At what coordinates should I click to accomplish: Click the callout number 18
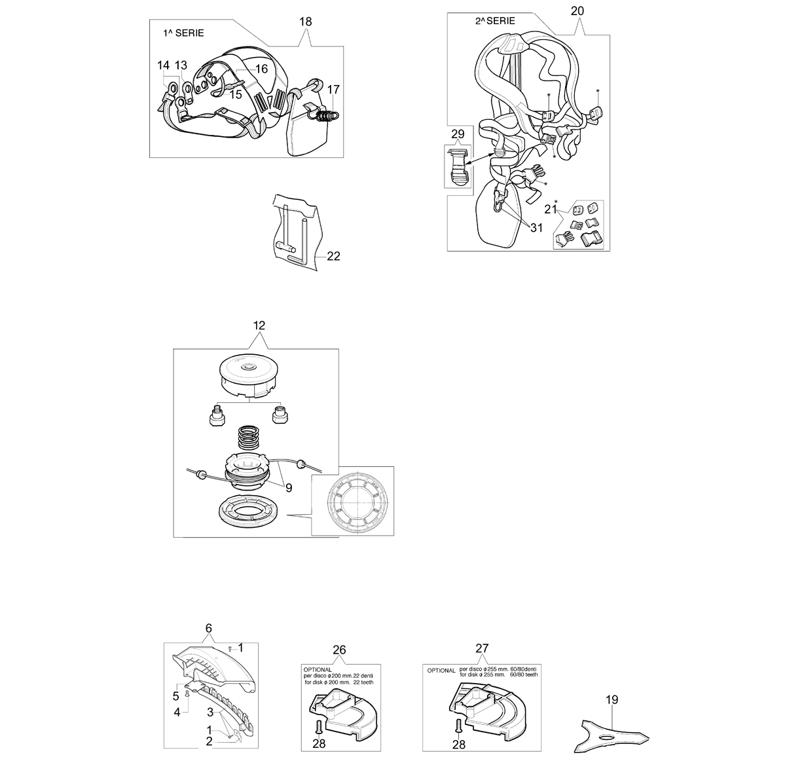306,21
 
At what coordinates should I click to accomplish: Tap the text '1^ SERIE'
183,33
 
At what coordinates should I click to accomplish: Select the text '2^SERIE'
495,21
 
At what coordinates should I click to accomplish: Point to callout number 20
577,11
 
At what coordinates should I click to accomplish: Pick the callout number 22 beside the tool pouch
334,256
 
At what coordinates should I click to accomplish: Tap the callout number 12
259,325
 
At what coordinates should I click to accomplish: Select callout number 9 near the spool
289,488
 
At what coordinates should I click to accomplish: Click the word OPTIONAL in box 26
318,670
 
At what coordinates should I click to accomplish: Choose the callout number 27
482,648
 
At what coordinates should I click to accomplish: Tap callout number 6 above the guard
209,628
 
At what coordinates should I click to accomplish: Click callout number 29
458,134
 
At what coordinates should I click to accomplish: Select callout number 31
536,228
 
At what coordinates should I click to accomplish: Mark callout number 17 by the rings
333,89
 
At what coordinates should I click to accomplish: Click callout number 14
163,65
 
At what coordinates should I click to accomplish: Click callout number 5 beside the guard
176,696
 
